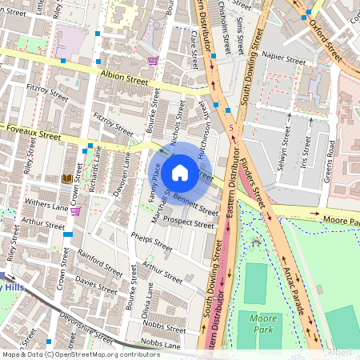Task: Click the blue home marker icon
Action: [x=180, y=172]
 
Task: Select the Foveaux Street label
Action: [x=32, y=136]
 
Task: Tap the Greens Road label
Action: [x=331, y=158]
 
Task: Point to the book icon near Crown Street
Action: [x=66, y=178]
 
